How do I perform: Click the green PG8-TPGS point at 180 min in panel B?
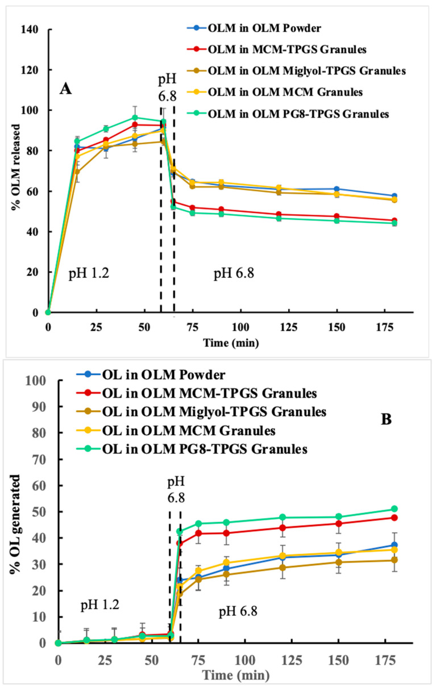394,509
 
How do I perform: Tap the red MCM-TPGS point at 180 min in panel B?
394,517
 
